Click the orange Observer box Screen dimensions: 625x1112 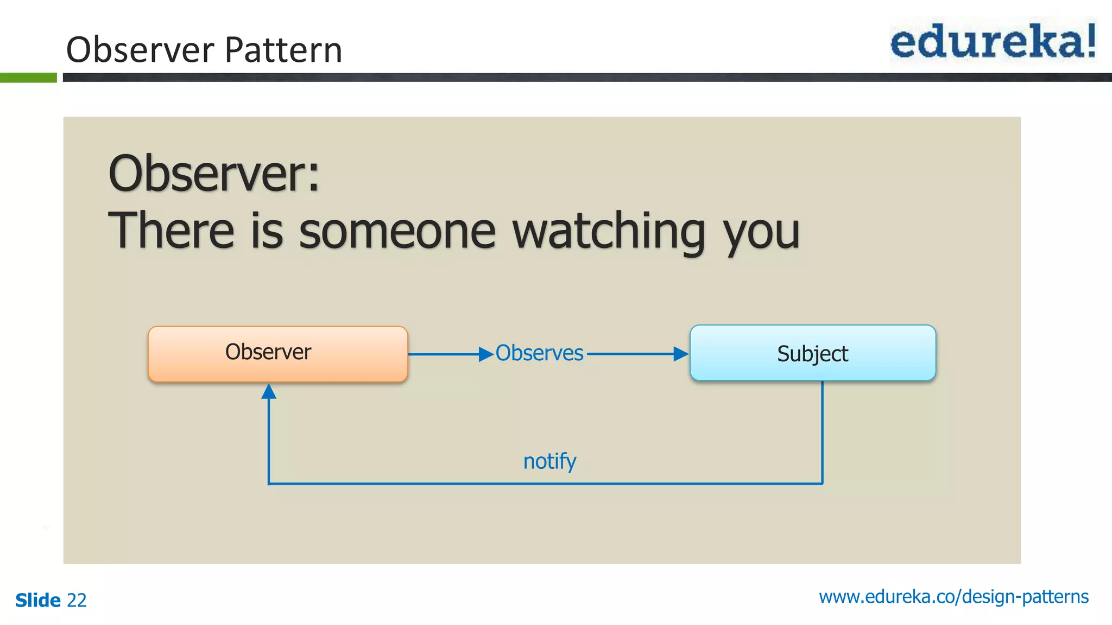[277, 354]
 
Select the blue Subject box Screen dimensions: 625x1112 [812, 353]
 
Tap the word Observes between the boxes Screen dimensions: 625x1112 [539, 353]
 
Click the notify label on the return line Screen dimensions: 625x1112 [549, 462]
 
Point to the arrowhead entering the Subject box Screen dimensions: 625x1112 [681, 354]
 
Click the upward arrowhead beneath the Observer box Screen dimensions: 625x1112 [269, 391]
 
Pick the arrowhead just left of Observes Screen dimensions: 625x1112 [486, 354]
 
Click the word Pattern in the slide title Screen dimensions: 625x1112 [283, 50]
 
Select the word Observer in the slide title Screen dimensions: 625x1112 [140, 50]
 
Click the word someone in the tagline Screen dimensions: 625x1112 [397, 232]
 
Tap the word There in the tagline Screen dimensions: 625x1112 [171, 231]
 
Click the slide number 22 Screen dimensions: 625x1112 [77, 601]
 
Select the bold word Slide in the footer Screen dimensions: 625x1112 [38, 601]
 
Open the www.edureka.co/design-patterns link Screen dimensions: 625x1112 [953, 597]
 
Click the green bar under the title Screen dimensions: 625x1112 [28, 78]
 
